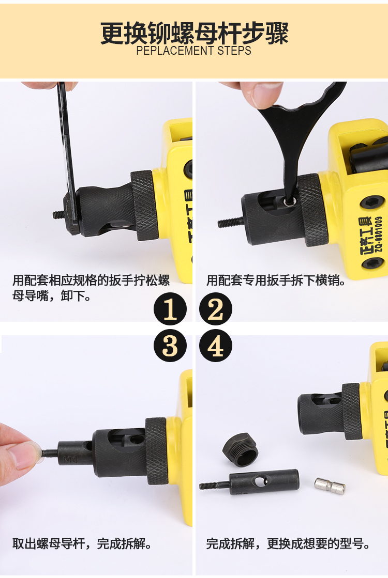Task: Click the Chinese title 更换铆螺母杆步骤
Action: pos(194,33)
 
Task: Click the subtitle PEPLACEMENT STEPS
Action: pos(194,51)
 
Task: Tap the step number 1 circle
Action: pos(170,309)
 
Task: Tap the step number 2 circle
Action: pos(216,309)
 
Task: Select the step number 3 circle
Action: pos(170,346)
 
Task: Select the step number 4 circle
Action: pos(216,346)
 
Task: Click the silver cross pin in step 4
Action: pos(330,486)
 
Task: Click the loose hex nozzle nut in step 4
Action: pos(240,450)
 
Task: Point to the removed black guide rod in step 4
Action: pos(249,482)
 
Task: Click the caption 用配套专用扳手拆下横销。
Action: pos(276,280)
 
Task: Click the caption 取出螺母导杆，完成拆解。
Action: pos(82,544)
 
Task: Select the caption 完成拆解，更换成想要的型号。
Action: pos(288,544)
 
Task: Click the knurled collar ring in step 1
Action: pos(144,206)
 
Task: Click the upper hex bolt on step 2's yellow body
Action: pos(371,202)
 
